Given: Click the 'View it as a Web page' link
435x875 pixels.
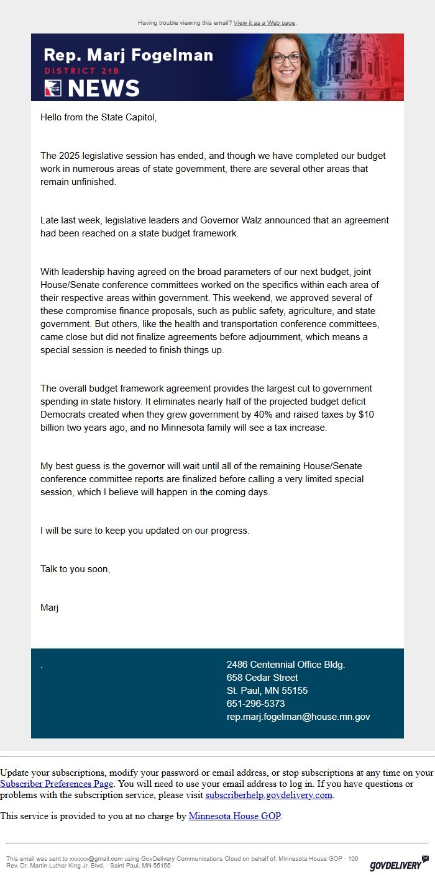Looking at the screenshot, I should tap(265, 23).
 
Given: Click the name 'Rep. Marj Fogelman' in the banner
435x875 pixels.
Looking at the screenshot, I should tap(129, 55).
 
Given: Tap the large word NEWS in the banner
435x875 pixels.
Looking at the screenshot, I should tap(104, 89).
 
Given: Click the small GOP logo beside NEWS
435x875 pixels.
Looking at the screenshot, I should tap(53, 89).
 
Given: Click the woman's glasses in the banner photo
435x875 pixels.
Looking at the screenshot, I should tap(286, 58).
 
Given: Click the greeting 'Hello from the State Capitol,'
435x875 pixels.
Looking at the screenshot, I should tap(98, 117).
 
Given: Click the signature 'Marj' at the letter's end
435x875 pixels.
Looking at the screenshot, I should tap(49, 608).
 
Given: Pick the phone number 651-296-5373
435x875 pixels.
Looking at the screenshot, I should tap(255, 704).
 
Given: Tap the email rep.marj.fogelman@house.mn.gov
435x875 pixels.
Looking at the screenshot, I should tap(298, 717).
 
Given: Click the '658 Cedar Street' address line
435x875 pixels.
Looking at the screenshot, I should tap(262, 678).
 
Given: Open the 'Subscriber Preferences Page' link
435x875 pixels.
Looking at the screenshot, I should tap(57, 784).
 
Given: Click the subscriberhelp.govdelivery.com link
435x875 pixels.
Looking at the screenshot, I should tap(269, 795).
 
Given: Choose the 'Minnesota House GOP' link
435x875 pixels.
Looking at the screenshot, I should tap(234, 816).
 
